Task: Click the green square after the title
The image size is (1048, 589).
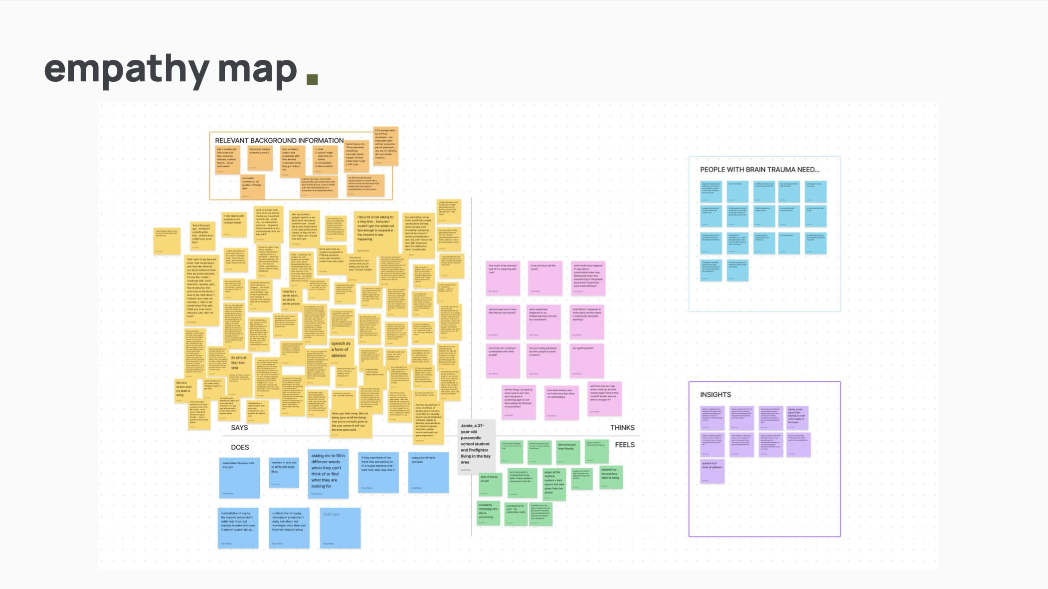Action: click(x=312, y=79)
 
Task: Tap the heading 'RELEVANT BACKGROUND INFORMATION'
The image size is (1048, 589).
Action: click(x=279, y=141)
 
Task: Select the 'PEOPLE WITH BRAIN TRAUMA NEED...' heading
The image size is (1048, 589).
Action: click(x=759, y=170)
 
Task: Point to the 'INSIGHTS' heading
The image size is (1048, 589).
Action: click(x=715, y=395)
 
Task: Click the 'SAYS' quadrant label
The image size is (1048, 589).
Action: click(x=239, y=428)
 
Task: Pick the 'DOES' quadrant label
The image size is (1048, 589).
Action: click(x=240, y=448)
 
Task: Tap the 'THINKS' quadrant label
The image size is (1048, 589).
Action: click(x=622, y=428)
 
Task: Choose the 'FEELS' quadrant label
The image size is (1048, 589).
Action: click(x=625, y=445)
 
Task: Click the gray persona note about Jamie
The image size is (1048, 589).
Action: click(x=476, y=446)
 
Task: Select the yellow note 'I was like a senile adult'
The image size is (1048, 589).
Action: click(x=292, y=299)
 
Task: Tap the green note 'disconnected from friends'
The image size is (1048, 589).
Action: click(x=567, y=451)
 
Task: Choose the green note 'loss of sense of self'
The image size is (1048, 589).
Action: click(x=490, y=484)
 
